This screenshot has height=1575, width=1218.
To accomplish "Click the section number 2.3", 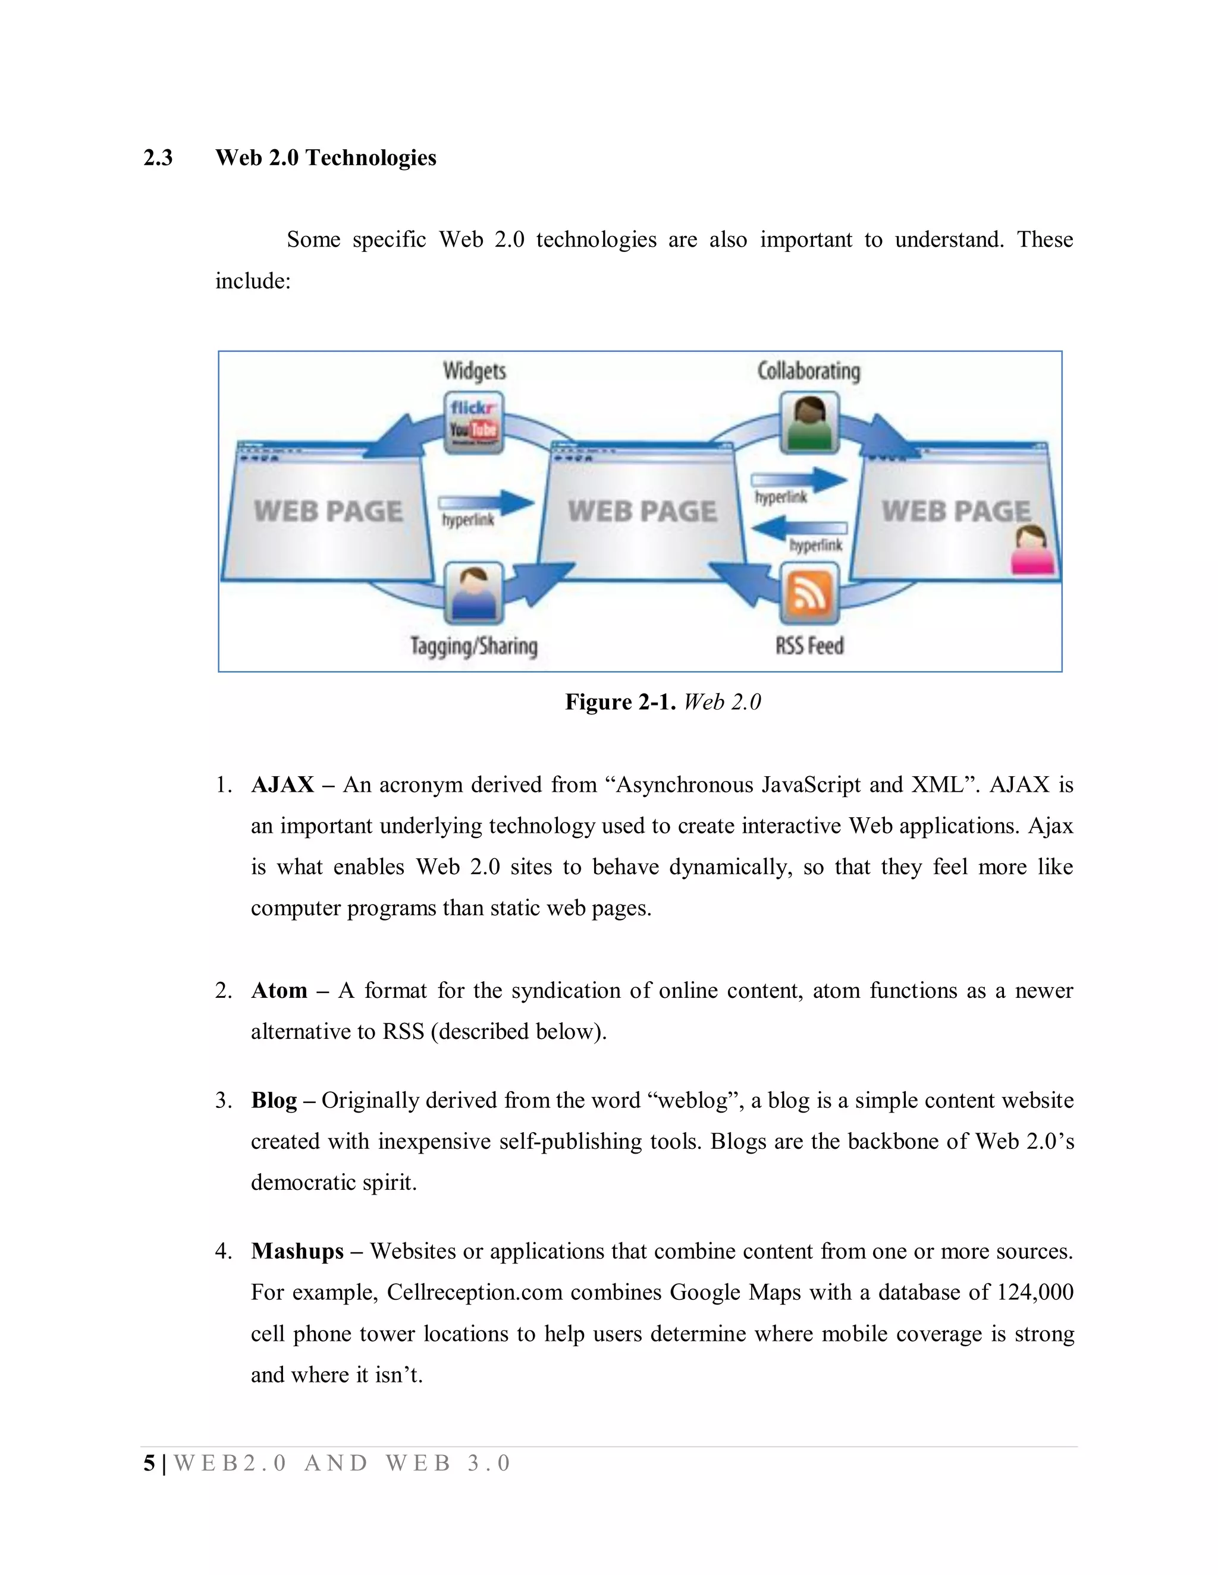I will point(158,158).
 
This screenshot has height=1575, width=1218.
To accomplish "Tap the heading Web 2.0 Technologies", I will point(325,158).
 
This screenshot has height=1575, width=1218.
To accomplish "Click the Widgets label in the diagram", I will point(474,371).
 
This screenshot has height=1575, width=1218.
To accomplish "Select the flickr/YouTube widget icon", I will point(473,423).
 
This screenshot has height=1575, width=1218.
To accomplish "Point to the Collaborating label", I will point(808,371).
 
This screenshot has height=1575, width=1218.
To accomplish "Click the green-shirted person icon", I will point(809,423).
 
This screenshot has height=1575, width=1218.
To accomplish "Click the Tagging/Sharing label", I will point(474,645).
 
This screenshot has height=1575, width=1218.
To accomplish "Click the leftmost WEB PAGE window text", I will point(328,511).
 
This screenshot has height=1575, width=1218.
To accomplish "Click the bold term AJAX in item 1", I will point(282,785).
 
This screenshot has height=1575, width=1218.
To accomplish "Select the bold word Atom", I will point(278,991).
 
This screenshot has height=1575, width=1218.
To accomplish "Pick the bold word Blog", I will point(274,1101).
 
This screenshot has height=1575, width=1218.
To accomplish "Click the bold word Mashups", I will point(297,1251).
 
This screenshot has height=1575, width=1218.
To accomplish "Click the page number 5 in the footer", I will point(149,1463).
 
